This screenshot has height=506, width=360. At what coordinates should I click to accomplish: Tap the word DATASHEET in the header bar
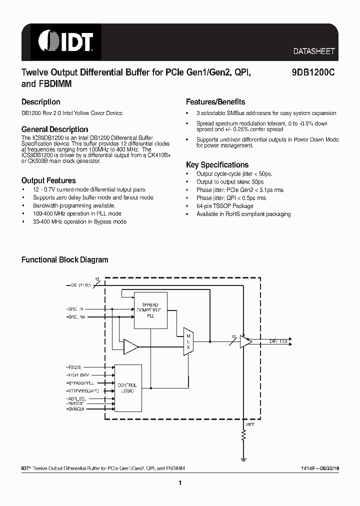(x=313, y=51)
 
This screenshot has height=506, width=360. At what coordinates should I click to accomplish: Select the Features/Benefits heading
(x=215, y=101)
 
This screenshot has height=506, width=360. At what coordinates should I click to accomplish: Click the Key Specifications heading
(x=217, y=164)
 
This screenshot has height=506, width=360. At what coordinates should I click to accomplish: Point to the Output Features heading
(x=48, y=180)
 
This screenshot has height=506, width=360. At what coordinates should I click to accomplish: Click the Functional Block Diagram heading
(x=64, y=260)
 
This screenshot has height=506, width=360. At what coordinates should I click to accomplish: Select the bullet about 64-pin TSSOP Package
(x=224, y=206)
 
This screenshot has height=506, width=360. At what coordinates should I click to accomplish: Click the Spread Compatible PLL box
(x=150, y=310)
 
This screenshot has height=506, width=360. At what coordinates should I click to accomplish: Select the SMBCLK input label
(x=76, y=408)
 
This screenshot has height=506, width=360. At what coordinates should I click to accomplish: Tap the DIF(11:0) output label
(x=277, y=341)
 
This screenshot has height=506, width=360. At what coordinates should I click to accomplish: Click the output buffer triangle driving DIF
(x=245, y=342)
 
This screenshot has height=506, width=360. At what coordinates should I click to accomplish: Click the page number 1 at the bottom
(x=179, y=483)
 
